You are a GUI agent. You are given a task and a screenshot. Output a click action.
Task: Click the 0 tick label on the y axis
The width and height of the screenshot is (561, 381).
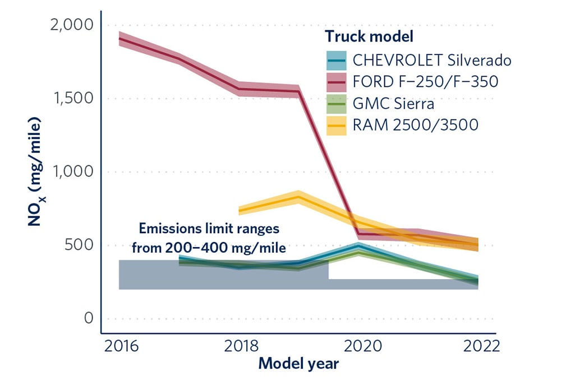[88, 318]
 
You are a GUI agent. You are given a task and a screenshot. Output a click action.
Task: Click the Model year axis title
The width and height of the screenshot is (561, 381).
[298, 364]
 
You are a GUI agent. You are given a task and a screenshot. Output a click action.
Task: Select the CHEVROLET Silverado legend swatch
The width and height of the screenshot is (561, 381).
[338, 59]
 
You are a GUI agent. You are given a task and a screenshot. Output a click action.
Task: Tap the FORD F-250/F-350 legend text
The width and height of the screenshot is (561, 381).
[425, 81]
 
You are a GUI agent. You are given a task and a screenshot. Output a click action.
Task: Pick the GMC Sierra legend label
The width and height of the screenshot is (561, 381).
[393, 103]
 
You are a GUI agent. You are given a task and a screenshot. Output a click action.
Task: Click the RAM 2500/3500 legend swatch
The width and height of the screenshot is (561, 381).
[338, 125]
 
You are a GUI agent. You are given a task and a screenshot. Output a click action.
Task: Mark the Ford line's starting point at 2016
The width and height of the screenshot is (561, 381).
[119, 39]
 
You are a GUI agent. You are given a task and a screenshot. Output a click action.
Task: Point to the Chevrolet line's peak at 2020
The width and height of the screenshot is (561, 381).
[358, 245]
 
